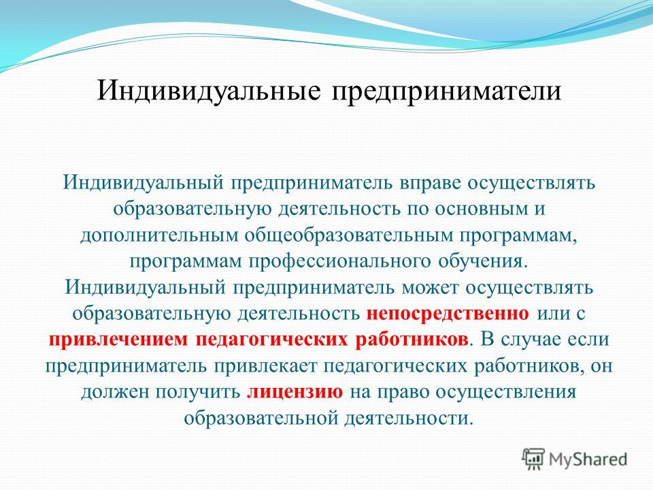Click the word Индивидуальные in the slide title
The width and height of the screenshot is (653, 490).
pyautogui.click(x=209, y=91)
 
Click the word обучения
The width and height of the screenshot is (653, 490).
pyautogui.click(x=484, y=262)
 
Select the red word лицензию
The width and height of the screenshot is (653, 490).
pyautogui.click(x=295, y=393)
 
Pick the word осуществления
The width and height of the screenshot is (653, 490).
pyautogui.click(x=505, y=393)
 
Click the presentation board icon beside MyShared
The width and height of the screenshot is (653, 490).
pyautogui.click(x=533, y=459)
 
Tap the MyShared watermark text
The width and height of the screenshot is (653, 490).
pyautogui.click(x=588, y=460)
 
